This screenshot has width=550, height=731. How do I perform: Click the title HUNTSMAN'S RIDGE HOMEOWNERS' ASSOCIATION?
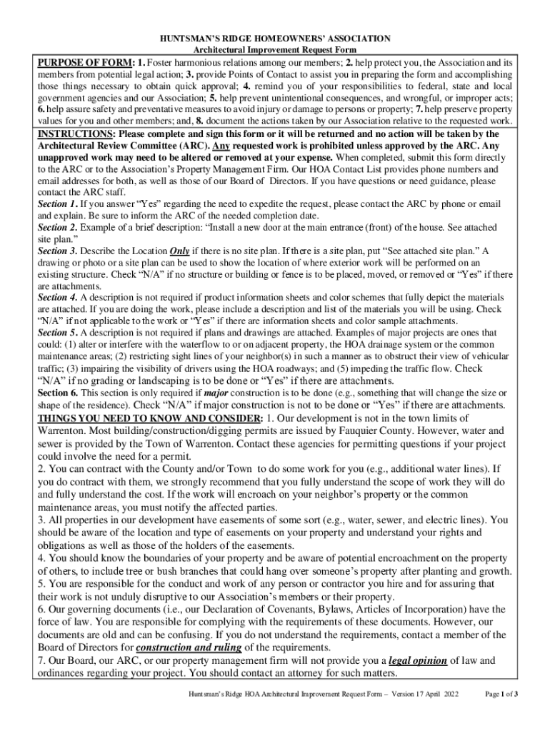click(275, 38)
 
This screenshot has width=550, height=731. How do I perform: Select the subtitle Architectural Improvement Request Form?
click(275, 50)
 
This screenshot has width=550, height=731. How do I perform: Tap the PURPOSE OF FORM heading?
click(86, 63)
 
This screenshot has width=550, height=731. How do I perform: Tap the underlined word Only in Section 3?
click(179, 251)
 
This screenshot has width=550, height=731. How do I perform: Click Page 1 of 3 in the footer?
click(501, 694)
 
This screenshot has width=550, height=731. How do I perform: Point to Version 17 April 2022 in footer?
click(422, 694)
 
